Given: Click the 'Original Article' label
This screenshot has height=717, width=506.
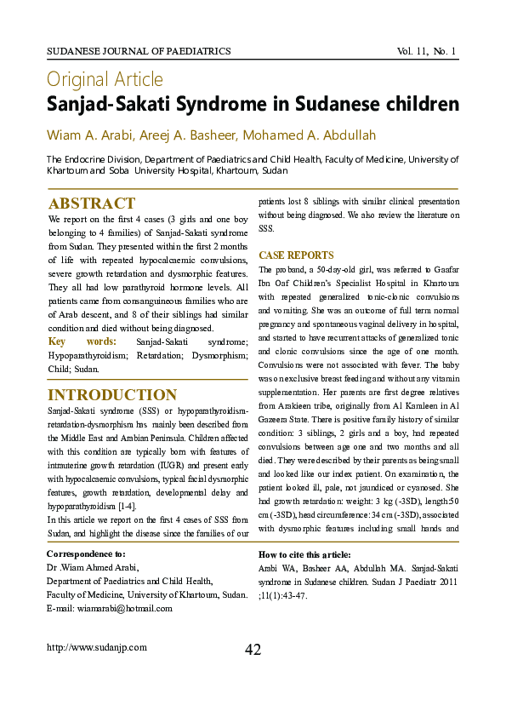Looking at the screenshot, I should coord(105,80).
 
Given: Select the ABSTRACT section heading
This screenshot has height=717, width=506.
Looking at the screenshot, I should coord(92,204).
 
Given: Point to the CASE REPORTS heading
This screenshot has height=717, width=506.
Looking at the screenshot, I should coord(296,255).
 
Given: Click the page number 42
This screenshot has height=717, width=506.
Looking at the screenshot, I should coord(253,650).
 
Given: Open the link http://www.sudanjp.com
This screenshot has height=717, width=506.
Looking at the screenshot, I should coord(97,647).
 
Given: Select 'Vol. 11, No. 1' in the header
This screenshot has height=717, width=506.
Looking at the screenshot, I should coord(427,52).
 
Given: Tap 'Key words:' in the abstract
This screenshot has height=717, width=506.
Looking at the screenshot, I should coord(82,341).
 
